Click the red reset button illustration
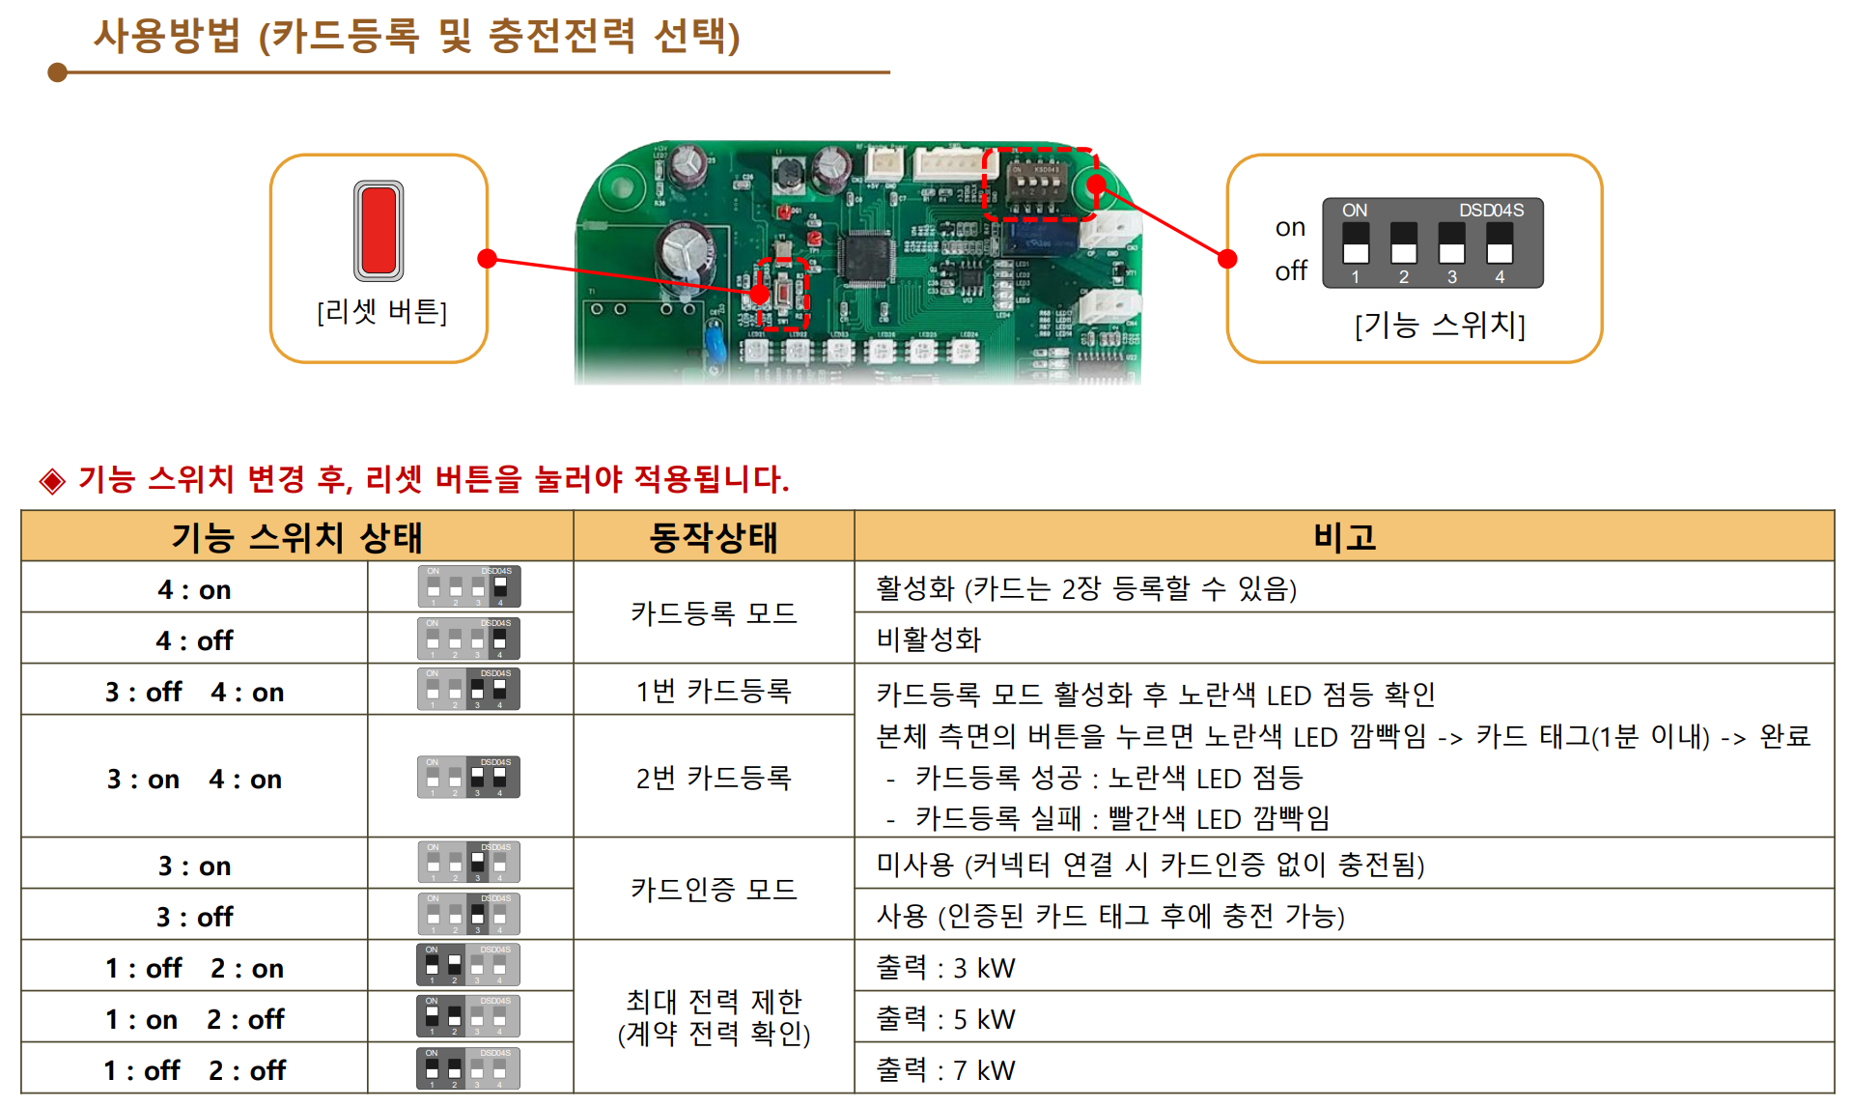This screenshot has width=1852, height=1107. click(379, 230)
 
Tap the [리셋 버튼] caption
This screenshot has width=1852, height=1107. click(381, 312)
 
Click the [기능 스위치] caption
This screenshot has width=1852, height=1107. click(1440, 326)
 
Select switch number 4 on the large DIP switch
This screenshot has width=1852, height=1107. click(1499, 243)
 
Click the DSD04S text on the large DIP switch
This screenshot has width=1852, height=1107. click(1491, 211)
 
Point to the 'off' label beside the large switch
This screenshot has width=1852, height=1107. click(1290, 271)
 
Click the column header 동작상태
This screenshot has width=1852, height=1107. click(713, 537)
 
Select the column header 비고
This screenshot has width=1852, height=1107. click(1344, 537)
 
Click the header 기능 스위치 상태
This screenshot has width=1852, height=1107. click(296, 537)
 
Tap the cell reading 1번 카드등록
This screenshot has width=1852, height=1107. click(713, 691)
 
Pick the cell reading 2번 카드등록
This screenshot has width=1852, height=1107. click(713, 778)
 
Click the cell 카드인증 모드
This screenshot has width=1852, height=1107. click(713, 889)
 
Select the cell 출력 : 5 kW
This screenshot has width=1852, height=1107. click(945, 1019)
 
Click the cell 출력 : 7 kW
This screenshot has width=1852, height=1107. click(945, 1070)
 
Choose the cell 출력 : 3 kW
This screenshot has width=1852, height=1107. click(945, 968)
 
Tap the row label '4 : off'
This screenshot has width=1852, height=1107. click(194, 640)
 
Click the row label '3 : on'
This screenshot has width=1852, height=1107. click(194, 866)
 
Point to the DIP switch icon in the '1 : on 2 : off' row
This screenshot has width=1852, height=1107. click(468, 1017)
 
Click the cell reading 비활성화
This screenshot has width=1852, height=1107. click(928, 639)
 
